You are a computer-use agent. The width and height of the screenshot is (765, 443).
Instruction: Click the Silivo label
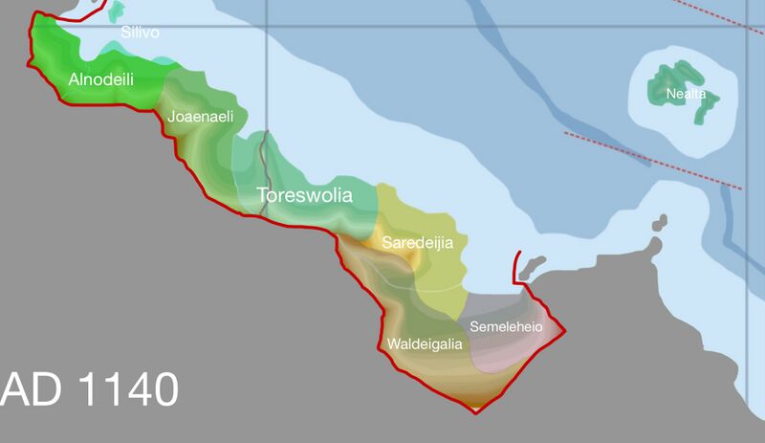[140, 33]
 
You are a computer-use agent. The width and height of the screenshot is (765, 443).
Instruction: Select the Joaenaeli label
[201, 117]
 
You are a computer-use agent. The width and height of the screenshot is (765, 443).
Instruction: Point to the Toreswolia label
[304, 197]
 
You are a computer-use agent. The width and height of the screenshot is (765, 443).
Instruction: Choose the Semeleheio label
[506, 327]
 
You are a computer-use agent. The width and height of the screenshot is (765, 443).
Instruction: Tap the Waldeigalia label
[426, 343]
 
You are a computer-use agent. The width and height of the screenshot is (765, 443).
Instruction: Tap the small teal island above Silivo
[118, 11]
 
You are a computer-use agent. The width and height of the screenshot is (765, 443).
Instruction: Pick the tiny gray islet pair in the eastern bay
[659, 225]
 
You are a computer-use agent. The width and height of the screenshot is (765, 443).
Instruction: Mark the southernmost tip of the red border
[475, 412]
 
